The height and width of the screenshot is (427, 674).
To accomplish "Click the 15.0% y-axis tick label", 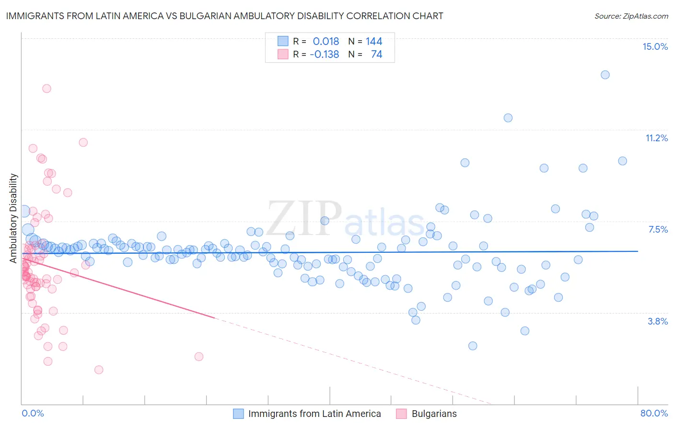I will click(655, 46).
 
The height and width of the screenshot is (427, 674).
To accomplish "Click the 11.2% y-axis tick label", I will click(656, 138).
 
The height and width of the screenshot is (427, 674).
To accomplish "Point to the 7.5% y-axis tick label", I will click(658, 229).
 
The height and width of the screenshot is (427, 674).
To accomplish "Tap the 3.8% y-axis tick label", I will click(658, 321).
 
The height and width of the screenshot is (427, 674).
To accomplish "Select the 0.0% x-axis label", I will click(33, 413).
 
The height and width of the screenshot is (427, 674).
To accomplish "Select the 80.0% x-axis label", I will click(654, 413).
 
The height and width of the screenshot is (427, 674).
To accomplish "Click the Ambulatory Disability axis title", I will click(13, 218).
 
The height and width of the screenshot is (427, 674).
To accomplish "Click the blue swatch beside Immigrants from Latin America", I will click(238, 414).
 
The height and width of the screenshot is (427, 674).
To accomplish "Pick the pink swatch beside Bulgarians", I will click(401, 414).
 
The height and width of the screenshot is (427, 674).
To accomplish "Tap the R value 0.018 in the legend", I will click(325, 41).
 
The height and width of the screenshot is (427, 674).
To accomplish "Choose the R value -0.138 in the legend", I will click(324, 54).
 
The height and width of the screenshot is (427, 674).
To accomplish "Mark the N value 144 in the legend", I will click(374, 41).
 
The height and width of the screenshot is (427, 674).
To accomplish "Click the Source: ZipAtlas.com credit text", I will click(631, 16).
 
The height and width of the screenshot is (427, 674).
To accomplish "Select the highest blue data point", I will click(605, 75).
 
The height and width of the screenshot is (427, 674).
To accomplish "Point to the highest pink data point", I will click(46, 88).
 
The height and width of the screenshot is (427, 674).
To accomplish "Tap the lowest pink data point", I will click(99, 370).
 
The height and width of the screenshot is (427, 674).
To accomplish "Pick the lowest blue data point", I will click(473, 346).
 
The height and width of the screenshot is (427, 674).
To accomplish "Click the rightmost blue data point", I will click(622, 161).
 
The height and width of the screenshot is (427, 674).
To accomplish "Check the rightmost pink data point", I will click(199, 356).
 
